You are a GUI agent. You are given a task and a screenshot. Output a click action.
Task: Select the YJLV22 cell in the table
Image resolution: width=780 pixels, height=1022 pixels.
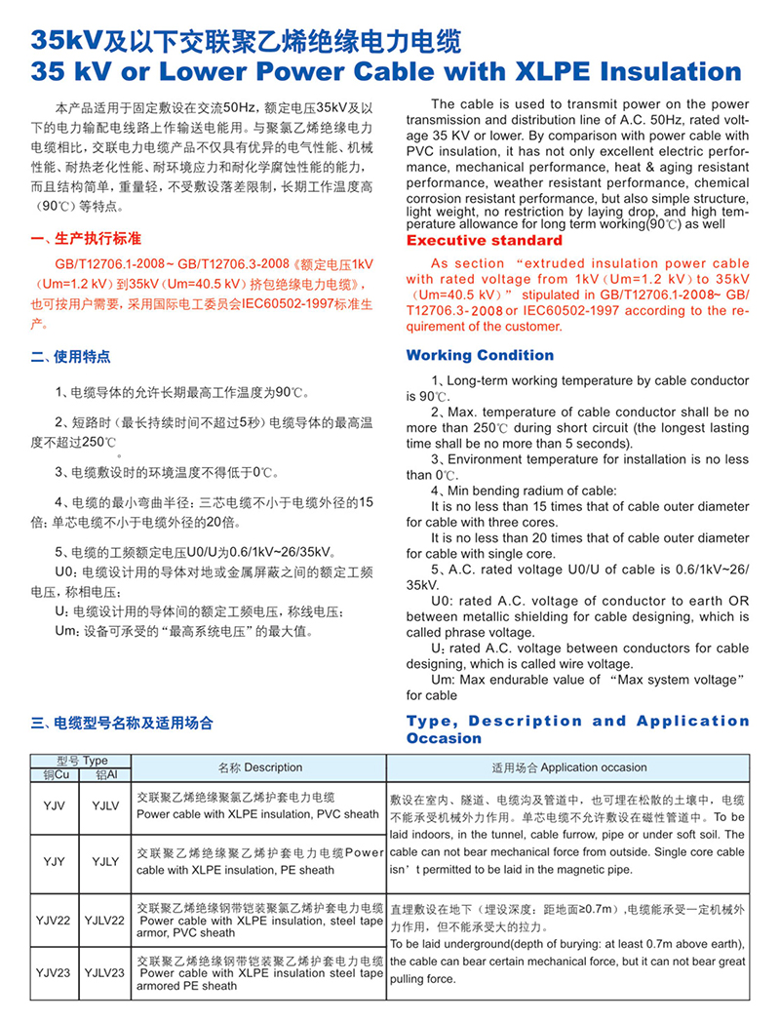[x=103, y=919]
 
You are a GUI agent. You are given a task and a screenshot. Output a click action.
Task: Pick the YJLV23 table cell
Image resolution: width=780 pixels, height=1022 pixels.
[x=103, y=972]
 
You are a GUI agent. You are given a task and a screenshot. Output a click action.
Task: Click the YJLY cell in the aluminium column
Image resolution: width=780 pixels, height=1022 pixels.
[x=104, y=861]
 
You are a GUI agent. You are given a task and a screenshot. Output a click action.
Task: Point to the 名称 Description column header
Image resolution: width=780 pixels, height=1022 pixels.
[x=259, y=767]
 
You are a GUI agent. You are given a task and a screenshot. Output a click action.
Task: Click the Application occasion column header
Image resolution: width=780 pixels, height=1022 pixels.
[x=568, y=767]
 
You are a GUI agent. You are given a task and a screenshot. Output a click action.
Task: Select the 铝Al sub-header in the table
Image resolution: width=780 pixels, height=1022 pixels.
[x=104, y=774]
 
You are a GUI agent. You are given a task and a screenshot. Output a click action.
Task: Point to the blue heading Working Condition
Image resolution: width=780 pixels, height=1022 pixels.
[x=480, y=355]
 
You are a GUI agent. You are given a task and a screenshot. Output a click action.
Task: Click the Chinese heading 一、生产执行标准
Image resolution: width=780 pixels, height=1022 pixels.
[x=86, y=239]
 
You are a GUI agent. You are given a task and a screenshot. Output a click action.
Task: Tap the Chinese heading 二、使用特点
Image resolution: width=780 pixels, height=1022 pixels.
[x=72, y=357]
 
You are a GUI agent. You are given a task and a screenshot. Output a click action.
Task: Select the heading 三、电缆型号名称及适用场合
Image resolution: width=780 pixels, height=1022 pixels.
[x=123, y=723]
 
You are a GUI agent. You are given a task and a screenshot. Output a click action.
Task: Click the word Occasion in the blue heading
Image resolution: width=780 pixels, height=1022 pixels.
[x=444, y=738]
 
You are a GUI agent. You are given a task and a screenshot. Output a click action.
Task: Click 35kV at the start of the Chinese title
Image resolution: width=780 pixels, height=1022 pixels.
[x=65, y=40]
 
